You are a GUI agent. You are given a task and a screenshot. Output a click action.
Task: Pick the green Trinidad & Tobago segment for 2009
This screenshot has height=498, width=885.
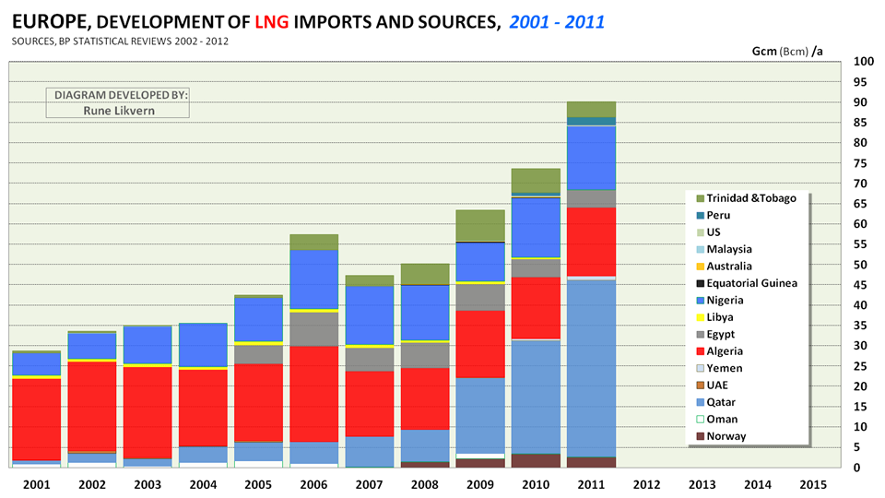click(x=480, y=225)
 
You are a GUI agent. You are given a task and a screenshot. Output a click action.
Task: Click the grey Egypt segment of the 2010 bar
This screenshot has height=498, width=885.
click(x=536, y=267)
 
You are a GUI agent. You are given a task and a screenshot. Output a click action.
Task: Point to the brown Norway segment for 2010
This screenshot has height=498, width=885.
click(x=536, y=460)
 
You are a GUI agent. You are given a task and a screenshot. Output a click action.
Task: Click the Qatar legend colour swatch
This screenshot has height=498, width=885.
click(x=698, y=402)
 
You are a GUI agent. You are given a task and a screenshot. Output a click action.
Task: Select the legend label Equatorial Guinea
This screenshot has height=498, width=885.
click(x=751, y=283)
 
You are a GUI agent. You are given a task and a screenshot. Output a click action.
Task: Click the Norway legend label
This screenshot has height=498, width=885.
click(x=726, y=436)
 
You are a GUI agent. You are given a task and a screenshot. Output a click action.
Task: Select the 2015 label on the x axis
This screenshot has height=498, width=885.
click(x=812, y=483)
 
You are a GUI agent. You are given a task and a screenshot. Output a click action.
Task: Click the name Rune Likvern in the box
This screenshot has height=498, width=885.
click(x=117, y=110)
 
